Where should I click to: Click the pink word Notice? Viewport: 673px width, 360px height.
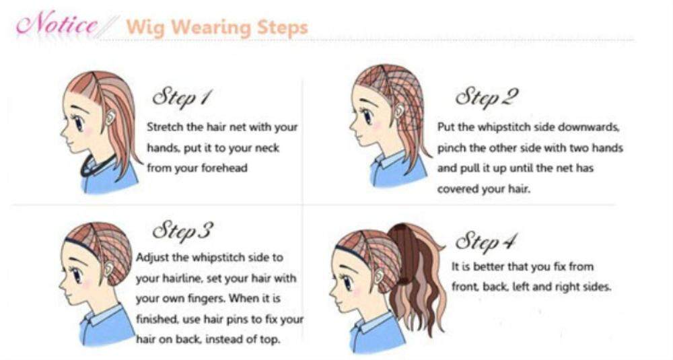pos(56,24)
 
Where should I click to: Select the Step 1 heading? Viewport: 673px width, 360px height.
pos(180,97)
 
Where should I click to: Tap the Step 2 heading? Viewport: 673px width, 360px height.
pos(487,97)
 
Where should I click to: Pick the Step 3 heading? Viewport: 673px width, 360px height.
pos(182,231)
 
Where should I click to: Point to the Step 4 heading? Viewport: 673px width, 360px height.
pos(486,241)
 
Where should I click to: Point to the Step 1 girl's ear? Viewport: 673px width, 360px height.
pos(110,116)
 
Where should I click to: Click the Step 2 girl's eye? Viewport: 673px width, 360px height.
pos(368,116)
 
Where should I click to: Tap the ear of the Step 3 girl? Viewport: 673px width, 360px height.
pos(109,269)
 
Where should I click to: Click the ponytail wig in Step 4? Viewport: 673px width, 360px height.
pos(417,275)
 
